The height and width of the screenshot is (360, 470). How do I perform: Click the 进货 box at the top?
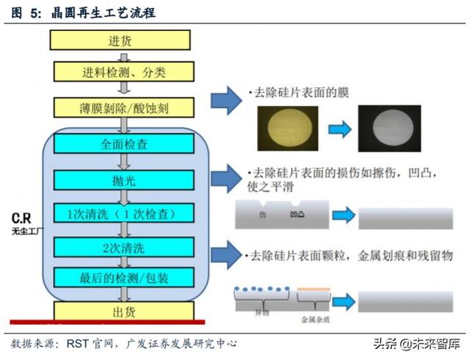point(123,40)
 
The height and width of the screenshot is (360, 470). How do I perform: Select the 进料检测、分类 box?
point(123,72)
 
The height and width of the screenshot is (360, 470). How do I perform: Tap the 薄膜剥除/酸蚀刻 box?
point(123,107)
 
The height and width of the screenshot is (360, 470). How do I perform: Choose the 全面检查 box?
point(123,145)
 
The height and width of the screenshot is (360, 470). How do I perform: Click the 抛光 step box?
point(123,179)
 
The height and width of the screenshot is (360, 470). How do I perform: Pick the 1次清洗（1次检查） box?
point(123,214)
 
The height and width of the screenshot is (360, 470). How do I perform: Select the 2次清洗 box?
point(123,246)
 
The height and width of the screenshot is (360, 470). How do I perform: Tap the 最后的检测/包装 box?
point(123,277)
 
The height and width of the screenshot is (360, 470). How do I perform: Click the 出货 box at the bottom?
point(123,311)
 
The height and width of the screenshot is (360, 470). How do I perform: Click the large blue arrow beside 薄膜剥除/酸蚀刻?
point(226,101)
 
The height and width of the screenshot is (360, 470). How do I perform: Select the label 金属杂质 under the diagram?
point(317,320)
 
